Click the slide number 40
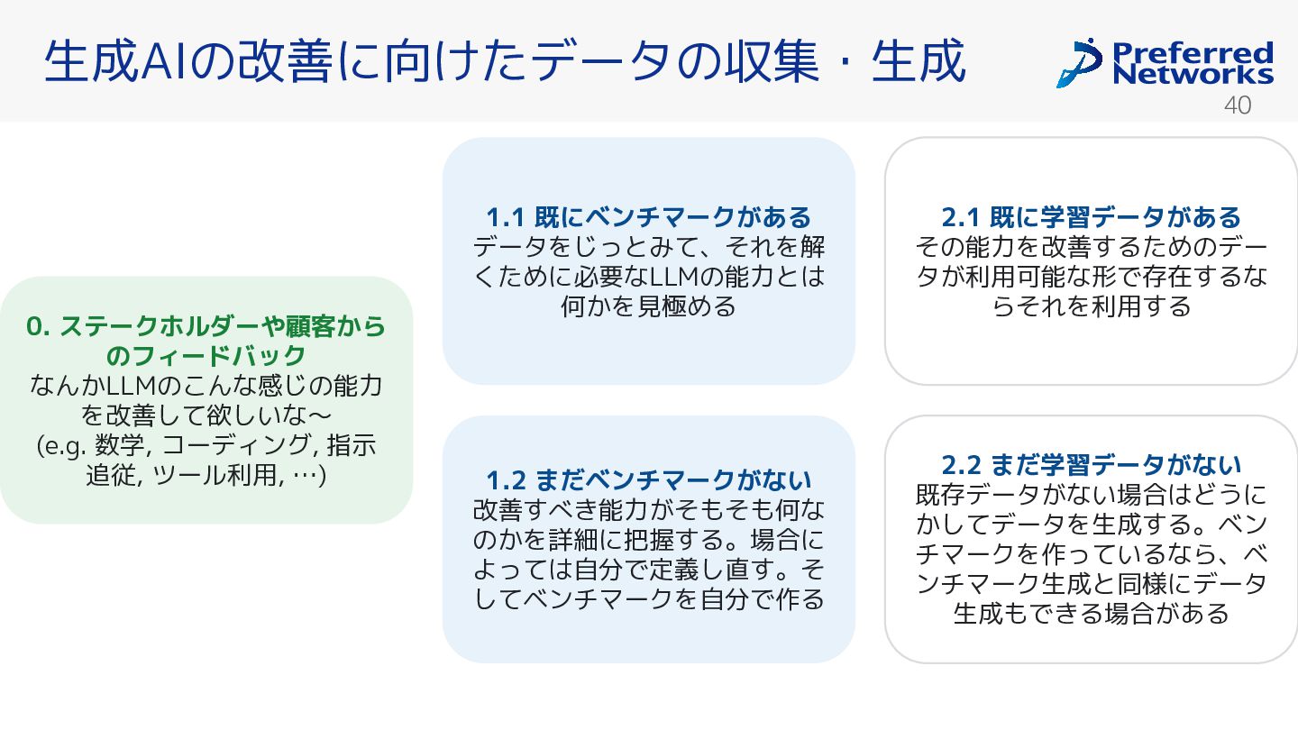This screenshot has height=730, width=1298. click(x=1238, y=105)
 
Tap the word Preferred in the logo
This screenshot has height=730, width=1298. click(x=1193, y=51)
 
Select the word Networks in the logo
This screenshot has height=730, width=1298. click(x=1193, y=74)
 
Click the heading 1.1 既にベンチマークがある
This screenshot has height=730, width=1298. click(x=648, y=217)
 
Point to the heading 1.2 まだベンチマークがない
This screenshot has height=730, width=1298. click(x=648, y=479)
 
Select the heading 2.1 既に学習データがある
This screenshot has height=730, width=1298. click(x=1091, y=217)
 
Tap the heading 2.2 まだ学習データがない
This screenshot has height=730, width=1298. click(x=1091, y=465)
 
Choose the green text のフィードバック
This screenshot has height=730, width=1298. click(x=206, y=356)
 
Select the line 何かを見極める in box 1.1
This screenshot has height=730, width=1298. click(x=648, y=306)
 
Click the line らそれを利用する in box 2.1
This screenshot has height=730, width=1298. click(x=1091, y=306)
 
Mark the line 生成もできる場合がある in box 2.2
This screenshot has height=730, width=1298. click(x=1091, y=614)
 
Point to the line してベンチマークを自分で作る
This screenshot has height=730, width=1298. click(x=648, y=598)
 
